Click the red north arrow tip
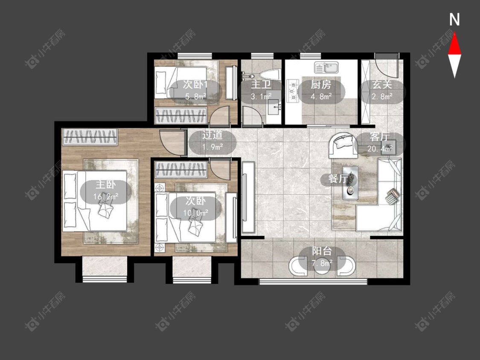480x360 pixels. (454, 33)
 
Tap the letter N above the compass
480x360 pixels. (454, 20)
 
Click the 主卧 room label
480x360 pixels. (106, 185)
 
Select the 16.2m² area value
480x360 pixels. (106, 197)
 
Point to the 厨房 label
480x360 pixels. (321, 84)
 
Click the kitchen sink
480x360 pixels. (326, 67)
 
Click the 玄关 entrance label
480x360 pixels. (382, 84)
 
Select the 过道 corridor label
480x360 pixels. (212, 135)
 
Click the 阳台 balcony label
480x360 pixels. (322, 252)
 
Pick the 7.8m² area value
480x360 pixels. (322, 263)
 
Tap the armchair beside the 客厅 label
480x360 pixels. (343, 145)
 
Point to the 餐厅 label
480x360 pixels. (338, 179)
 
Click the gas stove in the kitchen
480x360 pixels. (292, 90)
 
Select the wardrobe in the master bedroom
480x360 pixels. (90, 137)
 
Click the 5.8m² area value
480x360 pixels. (195, 96)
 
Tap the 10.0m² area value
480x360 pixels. (195, 212)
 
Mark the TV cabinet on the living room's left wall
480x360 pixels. (248, 197)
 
